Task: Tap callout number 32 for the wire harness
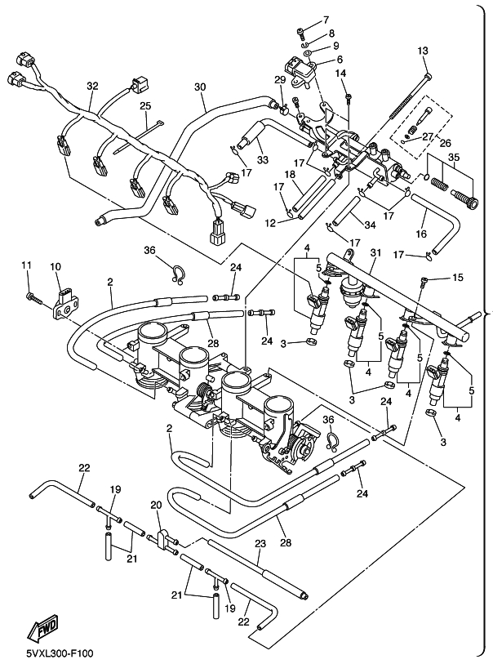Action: coord(91,86)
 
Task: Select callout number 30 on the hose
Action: coord(200,87)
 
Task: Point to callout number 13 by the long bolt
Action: coord(423,51)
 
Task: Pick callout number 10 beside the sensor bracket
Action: coord(56,266)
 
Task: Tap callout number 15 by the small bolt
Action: coord(457,279)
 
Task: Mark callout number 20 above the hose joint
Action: coord(157,506)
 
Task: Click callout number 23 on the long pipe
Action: coord(260,543)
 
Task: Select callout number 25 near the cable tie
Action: coord(144,106)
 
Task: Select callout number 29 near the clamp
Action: coord(279,79)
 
